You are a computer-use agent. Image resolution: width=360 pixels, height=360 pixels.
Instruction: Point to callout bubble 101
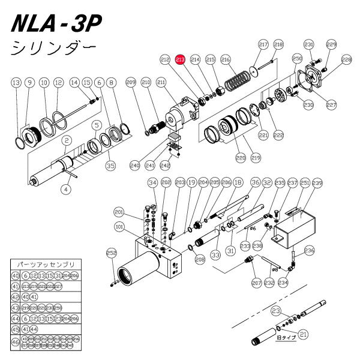click(119, 227)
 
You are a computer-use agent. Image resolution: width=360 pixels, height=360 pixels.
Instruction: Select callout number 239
click(317, 182)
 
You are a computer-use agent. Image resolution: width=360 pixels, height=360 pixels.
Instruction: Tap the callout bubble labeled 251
click(304, 182)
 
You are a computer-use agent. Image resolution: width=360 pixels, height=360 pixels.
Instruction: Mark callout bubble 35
click(110, 164)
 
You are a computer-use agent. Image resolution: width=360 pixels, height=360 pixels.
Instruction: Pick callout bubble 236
click(310, 250)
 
